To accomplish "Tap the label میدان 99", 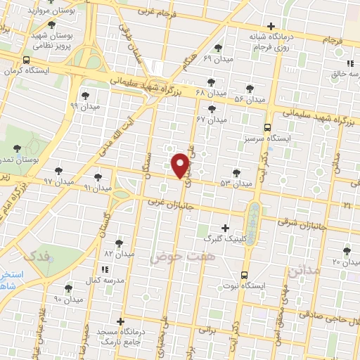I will [x=84, y=106].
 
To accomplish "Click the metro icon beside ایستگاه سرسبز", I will [x=267, y=127].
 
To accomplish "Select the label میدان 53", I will [x=236, y=183].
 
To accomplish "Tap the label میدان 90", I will [x=69, y=299].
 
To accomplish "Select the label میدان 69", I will [x=216, y=58].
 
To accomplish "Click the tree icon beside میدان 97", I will [x=58, y=171].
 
